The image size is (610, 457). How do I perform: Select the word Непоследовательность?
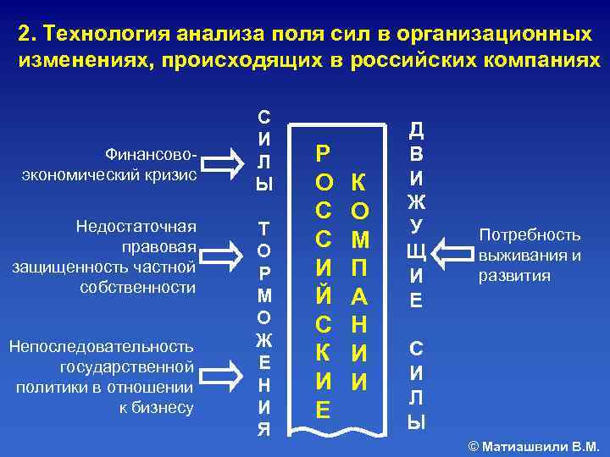101,346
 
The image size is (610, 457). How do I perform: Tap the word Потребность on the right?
530,235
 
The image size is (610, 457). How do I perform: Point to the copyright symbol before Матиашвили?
474,445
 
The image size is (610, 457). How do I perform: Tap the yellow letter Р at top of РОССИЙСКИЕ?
323,153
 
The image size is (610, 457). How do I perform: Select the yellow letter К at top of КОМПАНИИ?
358,183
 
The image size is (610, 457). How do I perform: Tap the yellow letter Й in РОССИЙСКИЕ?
323,296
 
